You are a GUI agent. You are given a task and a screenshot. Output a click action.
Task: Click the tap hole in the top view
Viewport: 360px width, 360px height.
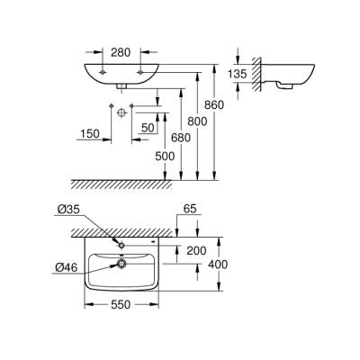pos(121,245)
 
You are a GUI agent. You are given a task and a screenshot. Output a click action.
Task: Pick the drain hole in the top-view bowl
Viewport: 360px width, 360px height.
pos(121,264)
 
